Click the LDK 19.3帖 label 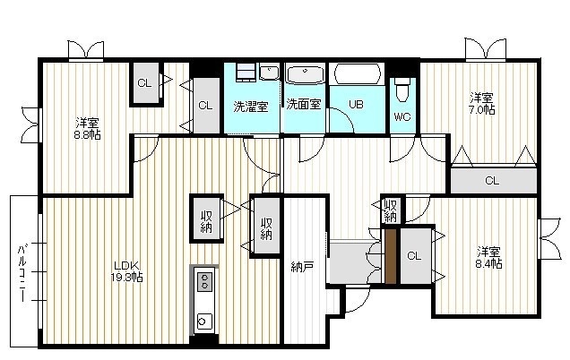click(x=126, y=271)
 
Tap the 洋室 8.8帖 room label click(x=87, y=129)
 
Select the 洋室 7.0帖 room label click(x=481, y=104)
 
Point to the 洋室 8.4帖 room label click(x=489, y=258)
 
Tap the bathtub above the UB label click(x=358, y=73)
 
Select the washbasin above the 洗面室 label click(x=305, y=74)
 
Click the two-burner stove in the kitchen click(x=204, y=281)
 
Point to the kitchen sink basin click(x=203, y=321)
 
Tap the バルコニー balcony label click(x=23, y=273)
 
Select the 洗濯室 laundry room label click(x=250, y=106)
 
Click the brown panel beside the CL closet click(x=391, y=256)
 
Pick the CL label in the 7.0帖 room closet click(x=492, y=181)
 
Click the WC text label click(x=402, y=116)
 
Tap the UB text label click(x=356, y=104)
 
